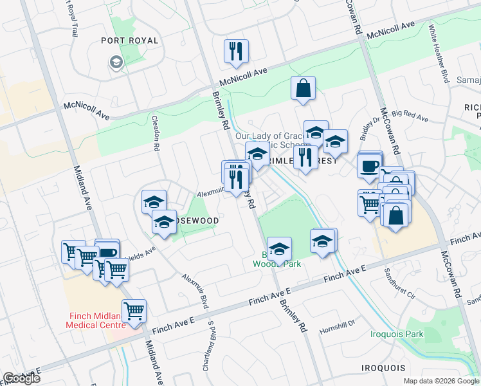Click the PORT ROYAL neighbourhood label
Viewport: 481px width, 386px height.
(129, 41)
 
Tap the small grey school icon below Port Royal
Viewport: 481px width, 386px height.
(116, 62)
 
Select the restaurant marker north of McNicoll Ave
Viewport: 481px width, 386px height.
(236, 51)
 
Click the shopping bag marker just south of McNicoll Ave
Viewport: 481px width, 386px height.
(303, 89)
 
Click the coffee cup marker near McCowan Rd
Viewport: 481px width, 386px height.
(370, 166)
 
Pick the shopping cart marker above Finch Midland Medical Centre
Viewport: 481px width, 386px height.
(134, 311)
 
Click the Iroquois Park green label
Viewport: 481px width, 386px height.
(397, 334)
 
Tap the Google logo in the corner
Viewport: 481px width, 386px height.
(22, 378)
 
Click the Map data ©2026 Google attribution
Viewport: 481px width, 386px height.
(441, 381)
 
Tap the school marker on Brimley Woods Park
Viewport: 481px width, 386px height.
(279, 249)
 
